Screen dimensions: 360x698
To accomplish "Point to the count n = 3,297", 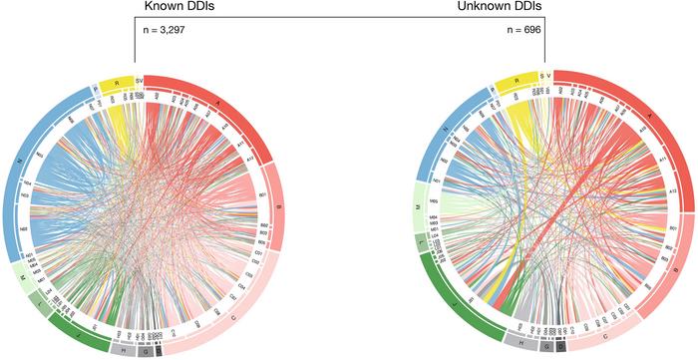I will click(162, 31).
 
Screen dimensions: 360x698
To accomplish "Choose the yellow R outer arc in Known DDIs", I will click(118, 81).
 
